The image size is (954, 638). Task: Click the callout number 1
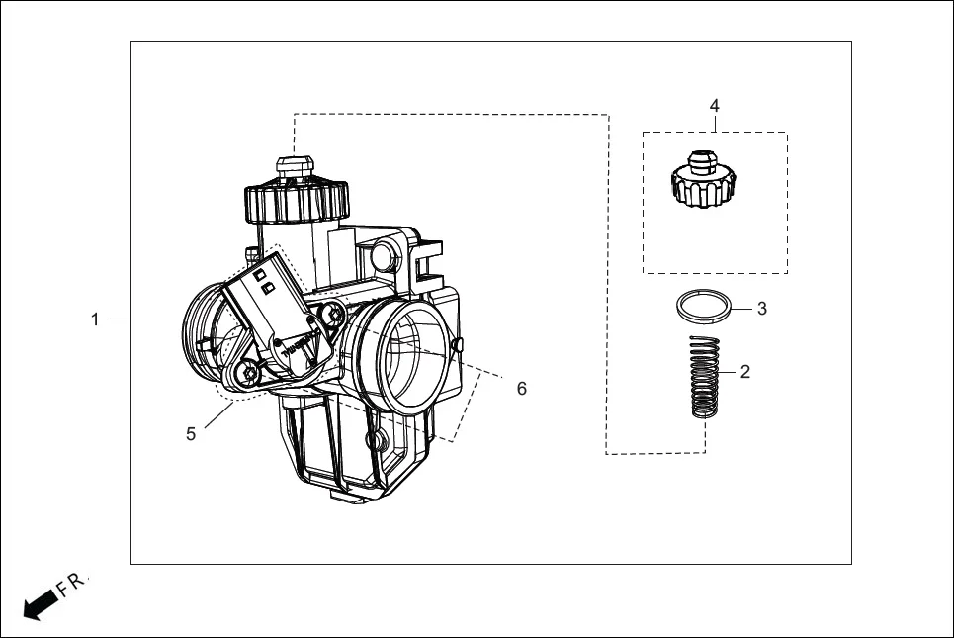pyautogui.click(x=95, y=319)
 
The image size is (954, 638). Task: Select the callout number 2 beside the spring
pyautogui.click(x=744, y=372)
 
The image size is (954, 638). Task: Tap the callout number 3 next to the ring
pyautogui.click(x=761, y=309)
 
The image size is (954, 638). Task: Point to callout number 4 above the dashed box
pyautogui.click(x=714, y=105)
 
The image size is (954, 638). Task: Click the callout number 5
pyautogui.click(x=191, y=433)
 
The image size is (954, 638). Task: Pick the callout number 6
pyautogui.click(x=521, y=389)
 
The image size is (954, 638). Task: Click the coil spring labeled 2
pyautogui.click(x=703, y=378)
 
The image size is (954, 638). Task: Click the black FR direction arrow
pyautogui.click(x=41, y=603)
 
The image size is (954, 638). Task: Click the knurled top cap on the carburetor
pyautogui.click(x=296, y=201)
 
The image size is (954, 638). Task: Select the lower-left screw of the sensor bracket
pyautogui.click(x=248, y=374)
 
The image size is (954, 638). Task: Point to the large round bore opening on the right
pyautogui.click(x=408, y=359)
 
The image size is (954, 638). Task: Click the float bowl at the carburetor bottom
pyautogui.click(x=341, y=450)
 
